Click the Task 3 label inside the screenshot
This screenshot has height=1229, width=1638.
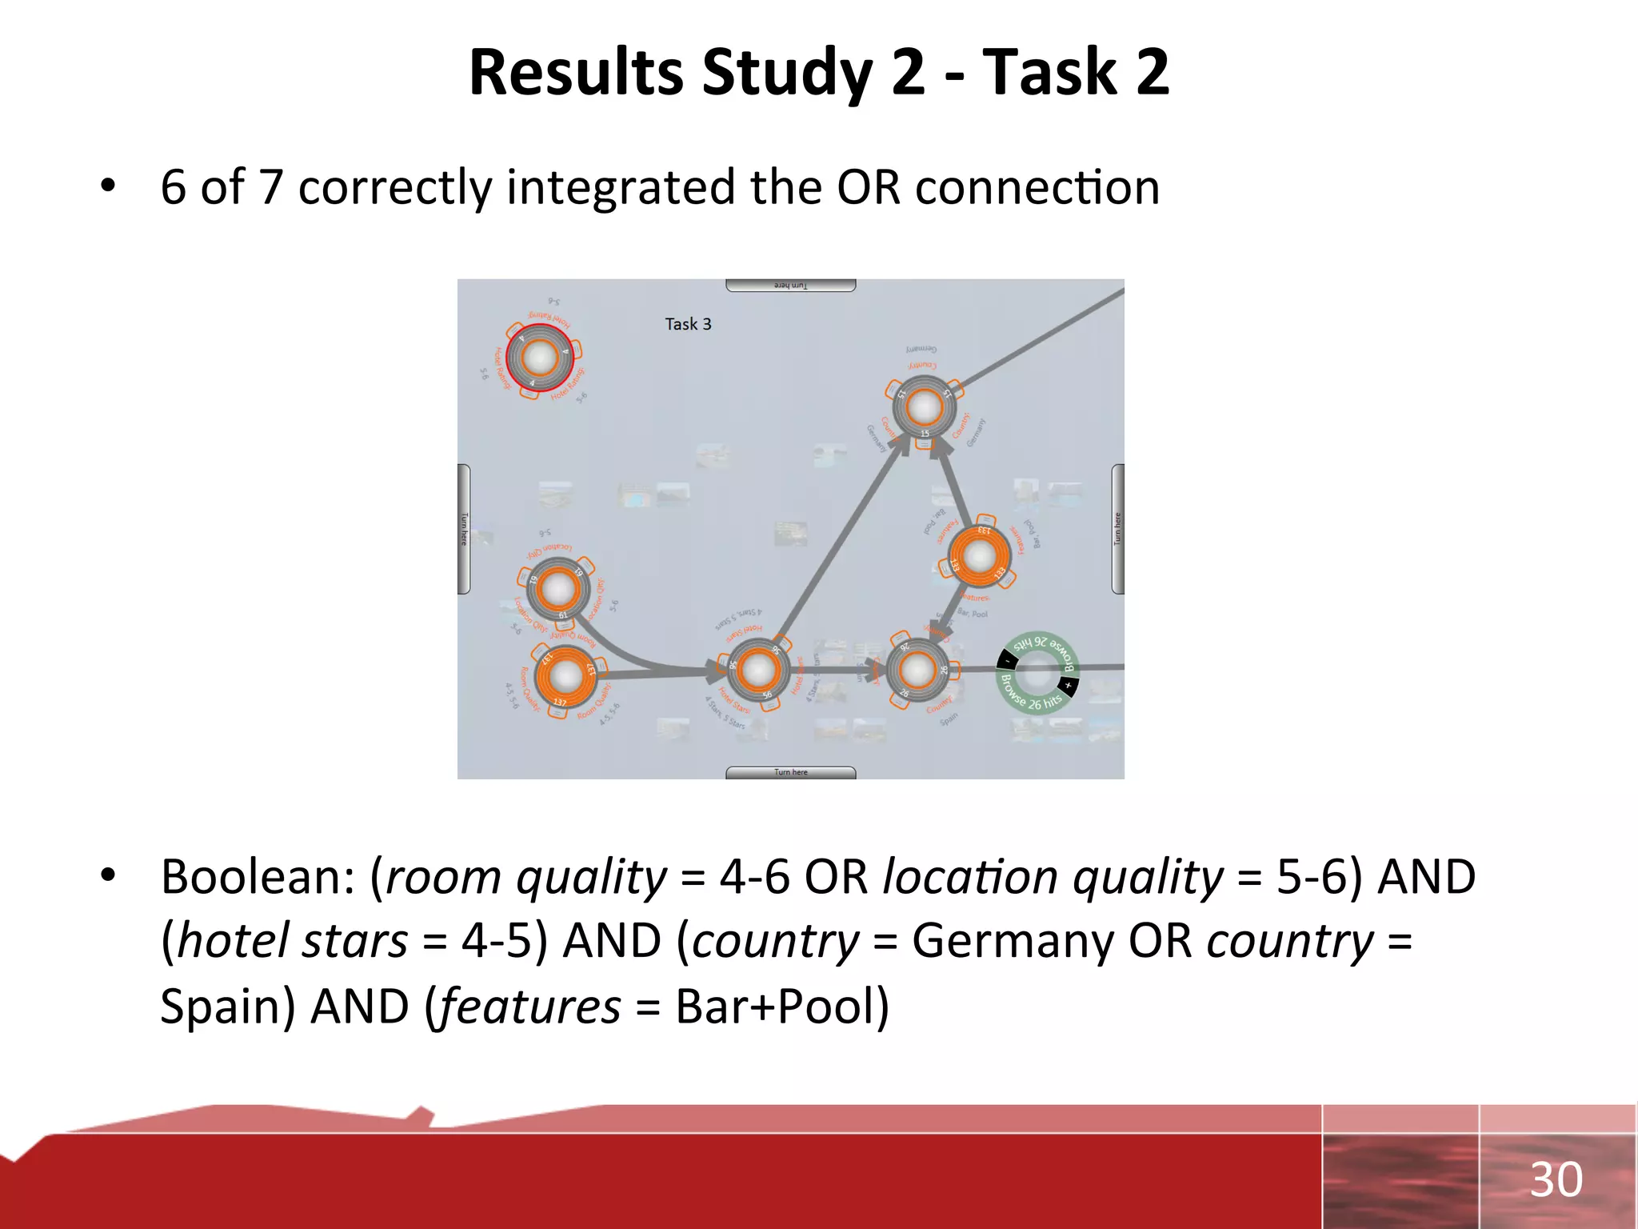tap(688, 324)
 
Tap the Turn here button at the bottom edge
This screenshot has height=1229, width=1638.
tap(790, 772)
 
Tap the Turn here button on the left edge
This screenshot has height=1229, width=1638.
tap(464, 529)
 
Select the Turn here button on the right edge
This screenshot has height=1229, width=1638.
tap(1117, 529)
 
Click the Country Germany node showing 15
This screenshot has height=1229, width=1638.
tap(924, 407)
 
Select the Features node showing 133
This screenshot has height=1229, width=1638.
tap(979, 556)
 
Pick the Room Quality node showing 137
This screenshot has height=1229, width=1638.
tap(566, 676)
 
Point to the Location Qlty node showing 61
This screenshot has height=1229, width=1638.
tap(557, 589)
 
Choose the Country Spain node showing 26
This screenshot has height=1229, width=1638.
tap(917, 670)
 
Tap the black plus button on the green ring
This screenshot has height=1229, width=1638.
tap(1068, 686)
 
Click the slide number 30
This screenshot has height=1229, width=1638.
tap(1556, 1179)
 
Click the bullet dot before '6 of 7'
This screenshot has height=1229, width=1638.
tap(108, 186)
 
